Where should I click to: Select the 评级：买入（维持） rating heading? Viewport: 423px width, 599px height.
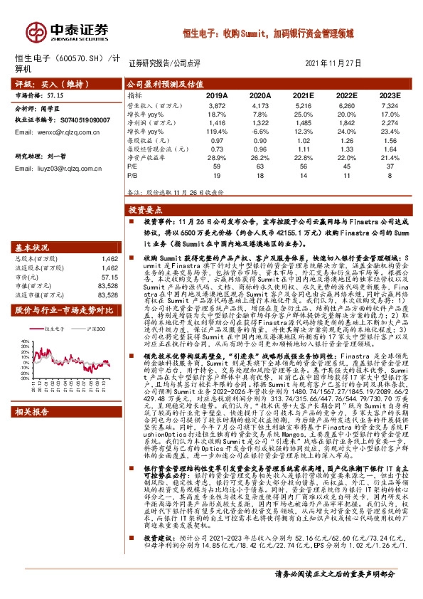43,83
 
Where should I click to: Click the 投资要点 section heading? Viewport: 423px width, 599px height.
146,211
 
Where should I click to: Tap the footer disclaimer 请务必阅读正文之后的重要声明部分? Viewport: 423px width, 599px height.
343,592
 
